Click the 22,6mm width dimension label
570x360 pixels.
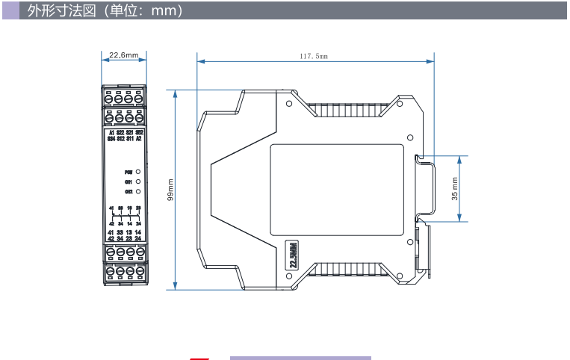(123, 55)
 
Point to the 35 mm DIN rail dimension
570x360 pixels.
(455, 189)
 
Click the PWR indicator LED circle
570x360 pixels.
(138, 172)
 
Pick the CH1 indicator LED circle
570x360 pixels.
(138, 181)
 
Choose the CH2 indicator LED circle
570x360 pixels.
(138, 191)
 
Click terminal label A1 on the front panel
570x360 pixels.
(111, 132)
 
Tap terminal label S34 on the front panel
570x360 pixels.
(111, 139)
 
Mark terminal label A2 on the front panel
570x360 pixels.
(139, 139)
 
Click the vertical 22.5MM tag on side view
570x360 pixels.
(294, 255)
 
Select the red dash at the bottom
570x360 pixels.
(199, 359)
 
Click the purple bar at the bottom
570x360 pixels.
(300, 359)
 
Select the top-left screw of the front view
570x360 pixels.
(109, 99)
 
